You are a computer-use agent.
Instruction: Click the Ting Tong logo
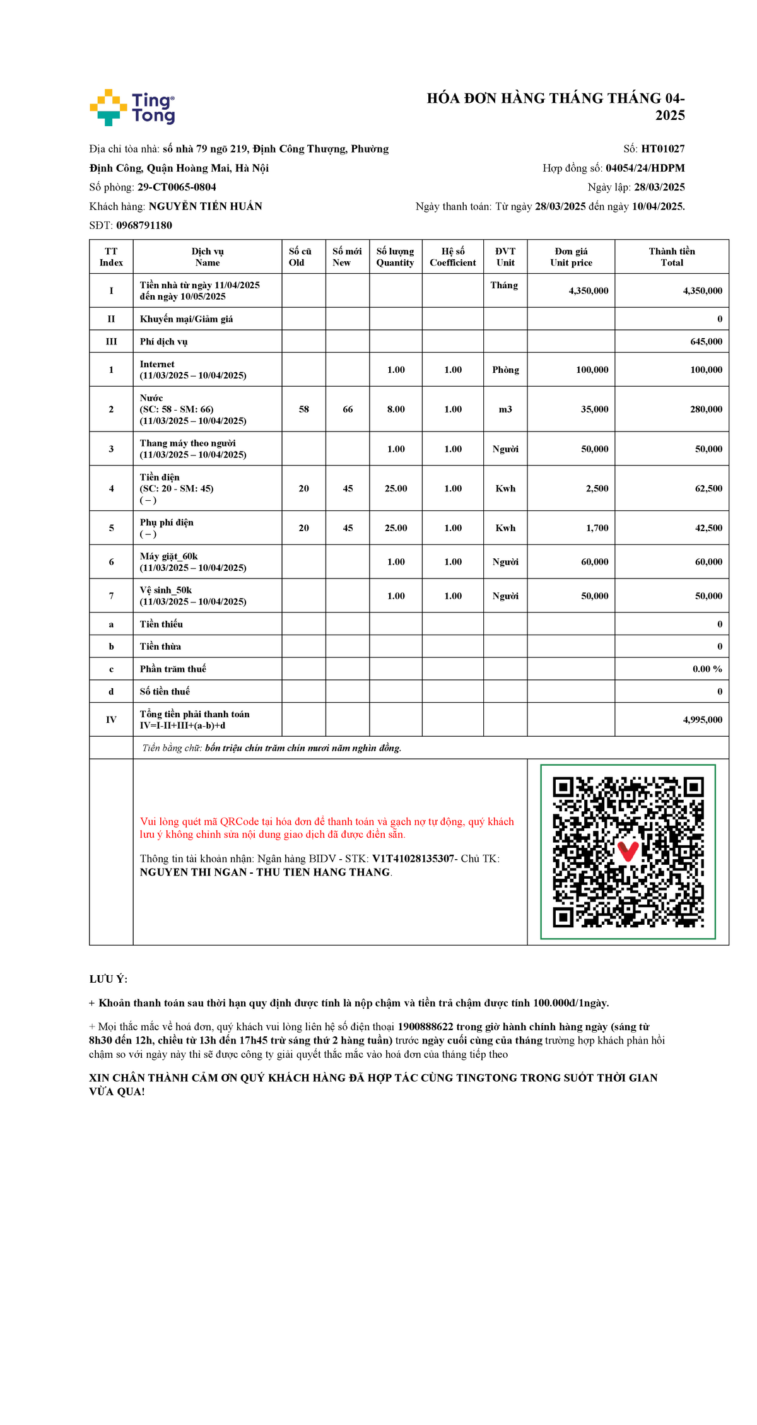pos(132,107)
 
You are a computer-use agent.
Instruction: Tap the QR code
pos(628,852)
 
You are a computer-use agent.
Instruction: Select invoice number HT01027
pos(662,149)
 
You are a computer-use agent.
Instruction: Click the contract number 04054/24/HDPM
pos(645,168)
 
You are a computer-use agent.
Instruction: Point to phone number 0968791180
pos(144,225)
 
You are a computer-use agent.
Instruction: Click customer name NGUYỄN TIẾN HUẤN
pos(205,206)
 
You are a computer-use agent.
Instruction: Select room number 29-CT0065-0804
pos(177,187)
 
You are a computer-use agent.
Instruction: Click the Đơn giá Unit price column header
pos(571,257)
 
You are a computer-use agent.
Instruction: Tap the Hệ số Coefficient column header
pos(452,257)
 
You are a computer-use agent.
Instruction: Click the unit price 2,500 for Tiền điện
pos(597,488)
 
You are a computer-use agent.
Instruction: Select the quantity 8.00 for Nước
pos(396,409)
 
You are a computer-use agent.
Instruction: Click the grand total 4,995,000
pos(702,720)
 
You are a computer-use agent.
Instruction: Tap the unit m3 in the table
pos(505,409)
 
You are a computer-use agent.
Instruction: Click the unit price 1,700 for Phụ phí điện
pos(597,528)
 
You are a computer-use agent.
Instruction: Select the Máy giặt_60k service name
pos(168,556)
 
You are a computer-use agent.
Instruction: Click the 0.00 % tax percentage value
pos(707,669)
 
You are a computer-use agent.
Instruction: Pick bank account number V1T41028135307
pos(413,859)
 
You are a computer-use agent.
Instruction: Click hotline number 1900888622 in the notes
pos(425,1026)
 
